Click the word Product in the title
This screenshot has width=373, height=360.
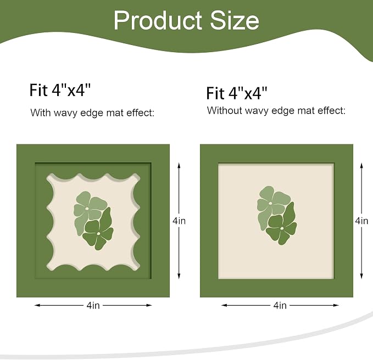[158, 20]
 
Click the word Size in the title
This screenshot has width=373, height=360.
[235, 20]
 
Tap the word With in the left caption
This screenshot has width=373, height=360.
[41, 113]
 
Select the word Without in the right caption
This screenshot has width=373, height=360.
[224, 110]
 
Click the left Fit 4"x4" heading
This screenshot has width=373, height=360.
[60, 90]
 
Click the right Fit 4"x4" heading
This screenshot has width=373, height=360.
[237, 93]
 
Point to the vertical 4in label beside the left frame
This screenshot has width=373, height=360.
[179, 221]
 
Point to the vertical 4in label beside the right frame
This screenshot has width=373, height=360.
[361, 221]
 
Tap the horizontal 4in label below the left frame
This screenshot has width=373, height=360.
[93, 305]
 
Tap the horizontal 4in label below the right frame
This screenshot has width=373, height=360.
[280, 305]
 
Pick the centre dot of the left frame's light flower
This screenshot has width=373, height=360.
[87, 209]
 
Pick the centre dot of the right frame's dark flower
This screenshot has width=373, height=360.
[282, 228]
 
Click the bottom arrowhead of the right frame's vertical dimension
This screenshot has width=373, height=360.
[361, 277]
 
